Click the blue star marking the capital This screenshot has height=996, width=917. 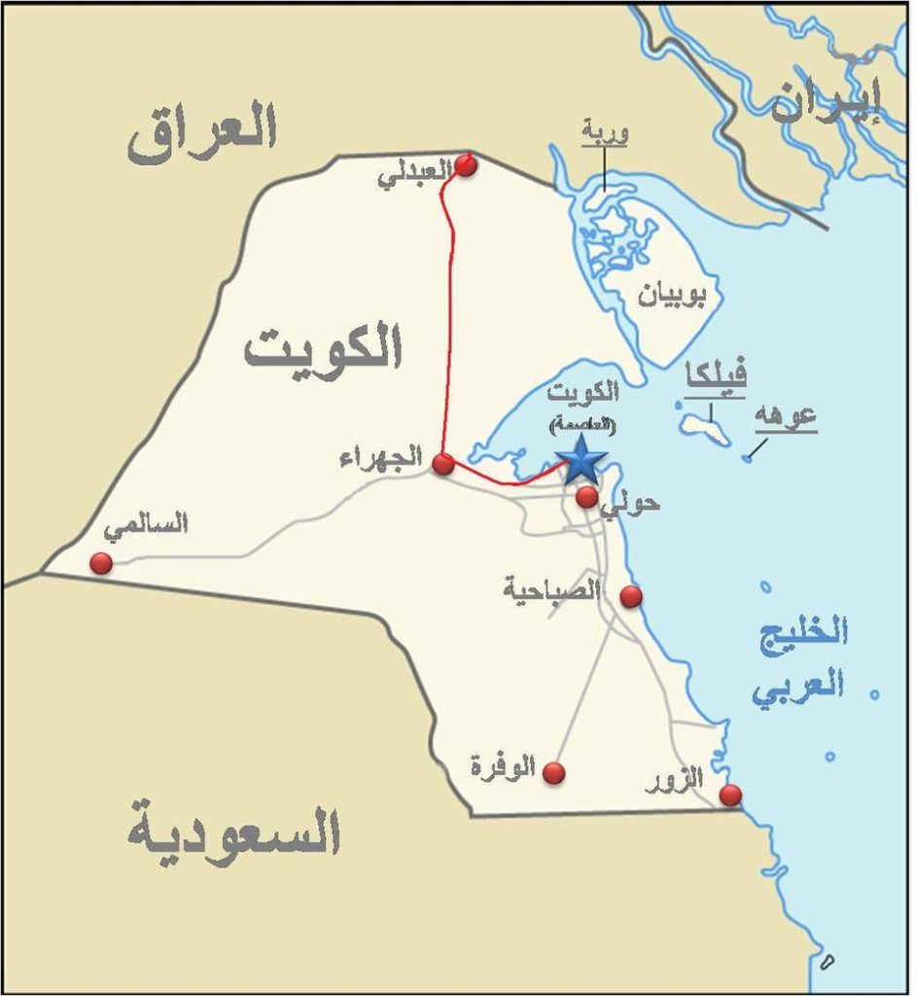582,460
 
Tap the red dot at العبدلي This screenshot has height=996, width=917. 466,165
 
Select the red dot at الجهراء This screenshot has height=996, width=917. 443,464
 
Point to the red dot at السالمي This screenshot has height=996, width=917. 101,563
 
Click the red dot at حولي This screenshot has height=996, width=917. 586,497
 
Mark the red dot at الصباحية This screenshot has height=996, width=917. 631,596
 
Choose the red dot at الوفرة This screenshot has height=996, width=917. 554,772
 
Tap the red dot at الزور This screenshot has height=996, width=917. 730,796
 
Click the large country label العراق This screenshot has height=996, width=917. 202,133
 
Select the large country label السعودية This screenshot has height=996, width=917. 233,834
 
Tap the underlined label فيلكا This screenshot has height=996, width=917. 715,375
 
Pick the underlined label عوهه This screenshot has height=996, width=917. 786,415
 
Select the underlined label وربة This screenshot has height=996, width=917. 604,131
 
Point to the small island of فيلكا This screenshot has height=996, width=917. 705,427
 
